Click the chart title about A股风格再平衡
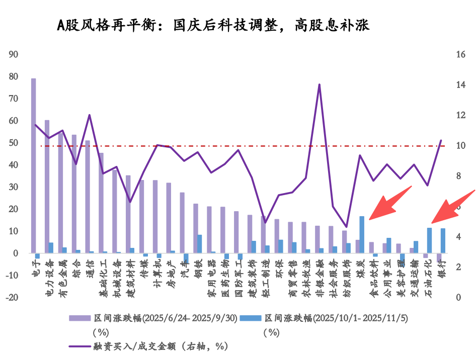click(213, 25)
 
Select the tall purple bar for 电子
click(33, 166)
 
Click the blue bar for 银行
click(443, 241)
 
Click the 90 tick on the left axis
click(13, 54)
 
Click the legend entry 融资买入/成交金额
click(151, 346)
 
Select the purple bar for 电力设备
click(47, 187)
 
